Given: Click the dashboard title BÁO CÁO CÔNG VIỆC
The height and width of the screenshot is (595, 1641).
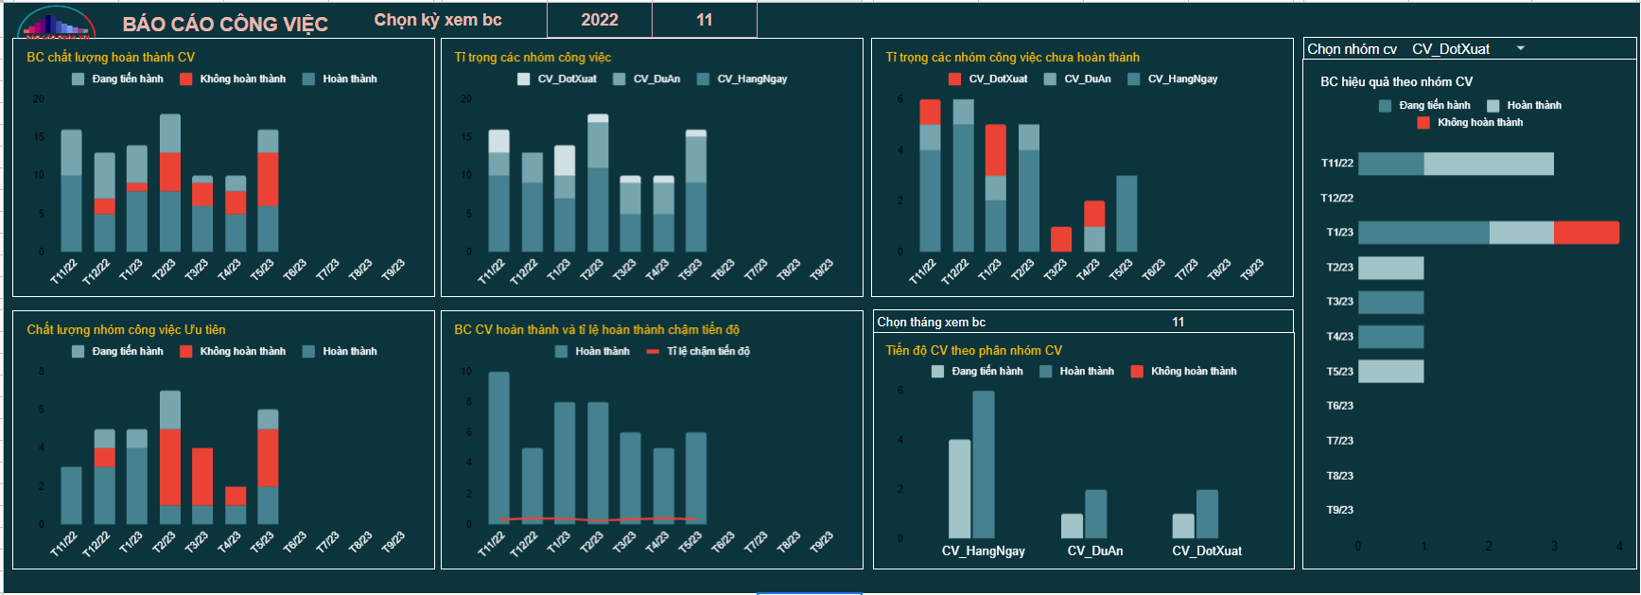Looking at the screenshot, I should point(225,24).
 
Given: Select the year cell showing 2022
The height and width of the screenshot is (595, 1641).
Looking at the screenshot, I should point(600,20).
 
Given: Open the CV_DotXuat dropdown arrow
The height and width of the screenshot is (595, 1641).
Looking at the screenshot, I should point(1521,48).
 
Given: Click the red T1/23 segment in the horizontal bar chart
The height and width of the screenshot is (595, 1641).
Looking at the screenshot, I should point(1586,233).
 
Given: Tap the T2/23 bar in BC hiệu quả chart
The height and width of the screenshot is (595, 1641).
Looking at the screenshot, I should point(1390,268).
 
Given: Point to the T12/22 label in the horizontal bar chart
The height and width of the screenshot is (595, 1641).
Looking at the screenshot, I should point(1336,198).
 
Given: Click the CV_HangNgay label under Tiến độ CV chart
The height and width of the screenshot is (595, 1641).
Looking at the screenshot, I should point(983,551).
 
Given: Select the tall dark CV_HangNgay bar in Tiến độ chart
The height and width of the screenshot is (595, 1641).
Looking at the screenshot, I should point(984,464).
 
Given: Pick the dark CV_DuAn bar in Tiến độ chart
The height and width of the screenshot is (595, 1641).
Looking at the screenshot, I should point(1096,514).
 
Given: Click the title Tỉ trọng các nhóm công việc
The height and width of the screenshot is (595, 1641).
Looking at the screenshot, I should point(532,58).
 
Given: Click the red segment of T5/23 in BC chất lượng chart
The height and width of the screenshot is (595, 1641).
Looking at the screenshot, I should point(268,179).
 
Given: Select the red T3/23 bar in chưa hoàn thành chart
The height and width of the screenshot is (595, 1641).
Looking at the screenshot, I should point(1061,238).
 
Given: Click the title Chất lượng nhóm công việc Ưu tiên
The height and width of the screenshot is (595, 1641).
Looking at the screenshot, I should point(126,329).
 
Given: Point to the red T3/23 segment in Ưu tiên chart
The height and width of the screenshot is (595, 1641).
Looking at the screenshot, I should point(202,476).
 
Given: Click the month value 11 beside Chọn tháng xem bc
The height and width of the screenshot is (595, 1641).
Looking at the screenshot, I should point(1178,322).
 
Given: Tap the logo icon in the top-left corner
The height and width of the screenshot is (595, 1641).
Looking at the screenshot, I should point(57,23).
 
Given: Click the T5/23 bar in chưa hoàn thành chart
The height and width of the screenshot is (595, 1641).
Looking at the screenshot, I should point(1126,213).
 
